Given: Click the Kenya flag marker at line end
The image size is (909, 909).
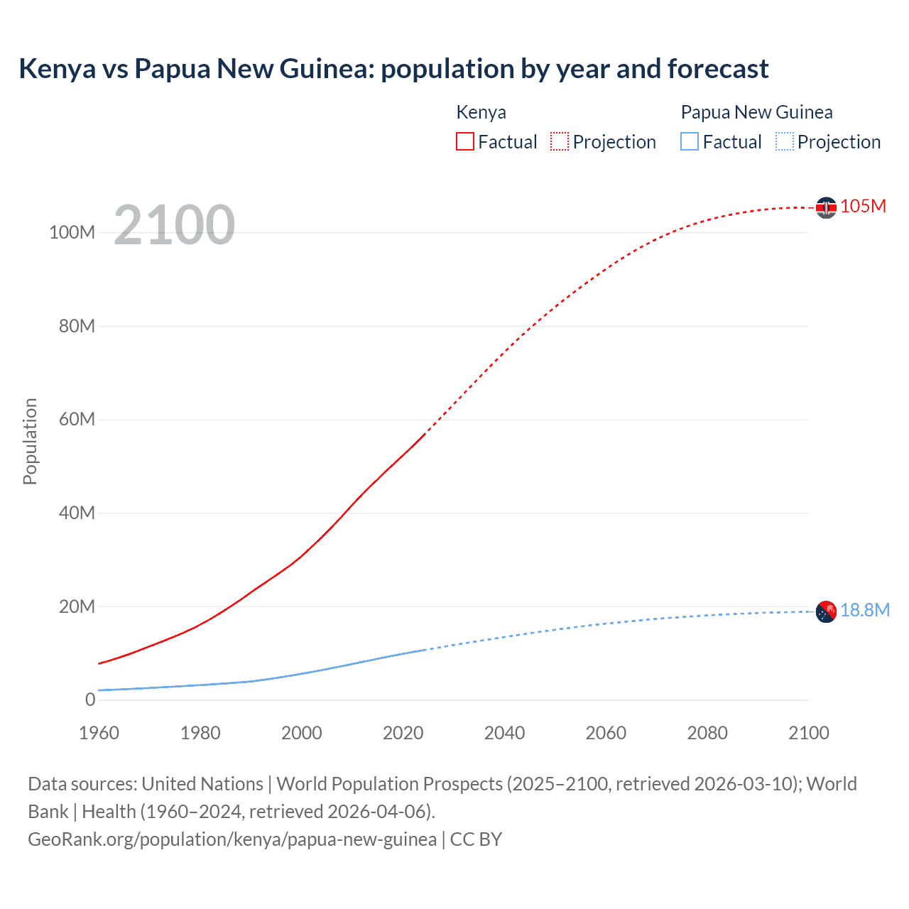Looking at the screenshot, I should (x=826, y=207).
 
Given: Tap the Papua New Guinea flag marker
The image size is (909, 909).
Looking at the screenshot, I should (x=826, y=611).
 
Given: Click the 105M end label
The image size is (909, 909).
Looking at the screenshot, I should (x=863, y=206).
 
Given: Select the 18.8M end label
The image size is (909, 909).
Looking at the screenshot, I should (x=865, y=610).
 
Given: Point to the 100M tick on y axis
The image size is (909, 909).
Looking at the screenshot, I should (x=72, y=232).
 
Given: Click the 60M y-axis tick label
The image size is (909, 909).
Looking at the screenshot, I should (x=76, y=419).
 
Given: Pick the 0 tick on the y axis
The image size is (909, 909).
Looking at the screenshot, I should (x=90, y=700).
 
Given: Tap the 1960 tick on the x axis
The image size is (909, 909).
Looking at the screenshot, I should (x=99, y=733).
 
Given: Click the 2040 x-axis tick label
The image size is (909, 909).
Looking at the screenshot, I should (x=504, y=733).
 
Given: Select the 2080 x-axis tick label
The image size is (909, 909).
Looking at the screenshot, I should (x=707, y=733).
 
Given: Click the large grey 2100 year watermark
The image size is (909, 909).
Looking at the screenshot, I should (x=174, y=225).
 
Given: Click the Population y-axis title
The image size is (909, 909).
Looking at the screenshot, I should (x=30, y=441).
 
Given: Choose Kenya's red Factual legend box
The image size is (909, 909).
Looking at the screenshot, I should (x=464, y=141).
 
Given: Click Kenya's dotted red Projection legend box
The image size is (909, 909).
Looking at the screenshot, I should (x=560, y=141).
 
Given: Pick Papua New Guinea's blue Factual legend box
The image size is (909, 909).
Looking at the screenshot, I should (x=689, y=141).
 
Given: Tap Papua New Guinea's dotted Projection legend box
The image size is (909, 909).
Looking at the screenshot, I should (x=784, y=141).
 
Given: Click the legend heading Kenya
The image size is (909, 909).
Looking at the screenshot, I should (x=481, y=112).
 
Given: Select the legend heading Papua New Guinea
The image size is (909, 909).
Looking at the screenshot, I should (x=756, y=112).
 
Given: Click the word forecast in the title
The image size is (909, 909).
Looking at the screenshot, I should (x=718, y=69).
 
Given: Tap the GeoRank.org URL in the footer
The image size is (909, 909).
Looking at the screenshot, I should (x=232, y=839).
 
